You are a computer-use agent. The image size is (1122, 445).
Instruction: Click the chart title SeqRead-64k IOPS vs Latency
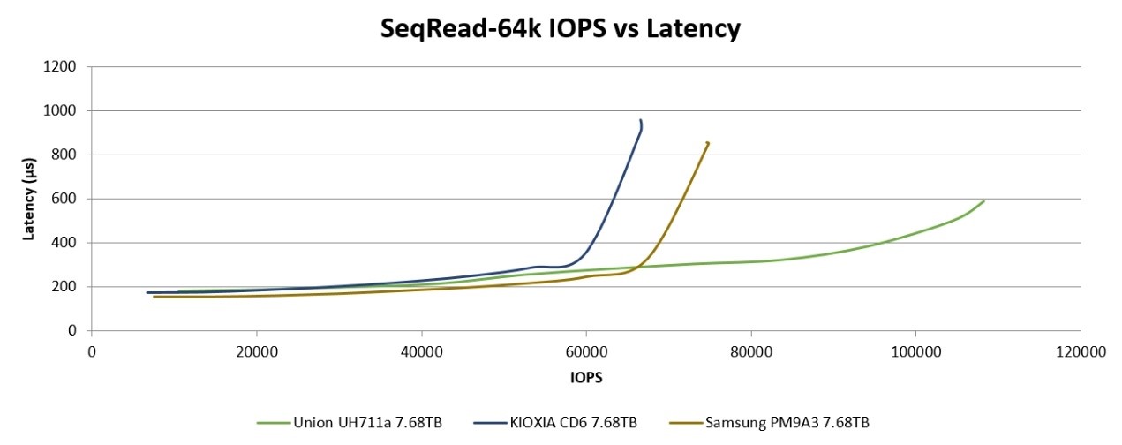click(x=560, y=29)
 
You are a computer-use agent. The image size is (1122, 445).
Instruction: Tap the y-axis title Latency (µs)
click(x=28, y=200)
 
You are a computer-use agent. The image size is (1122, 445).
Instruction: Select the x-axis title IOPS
click(x=586, y=376)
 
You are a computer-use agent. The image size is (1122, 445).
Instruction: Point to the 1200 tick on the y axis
click(x=64, y=66)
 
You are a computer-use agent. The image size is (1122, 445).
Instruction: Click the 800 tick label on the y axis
click(x=67, y=155)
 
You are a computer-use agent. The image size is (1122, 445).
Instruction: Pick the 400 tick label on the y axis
click(x=67, y=243)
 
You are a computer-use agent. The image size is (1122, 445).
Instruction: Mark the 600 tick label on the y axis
click(x=67, y=199)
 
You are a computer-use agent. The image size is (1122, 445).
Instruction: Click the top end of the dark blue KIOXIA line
click(x=641, y=121)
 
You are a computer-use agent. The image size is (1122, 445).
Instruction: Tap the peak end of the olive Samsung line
click(x=708, y=142)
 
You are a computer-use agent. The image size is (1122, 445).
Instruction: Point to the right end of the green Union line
click(x=983, y=201)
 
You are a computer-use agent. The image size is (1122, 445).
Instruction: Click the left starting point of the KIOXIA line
click(x=147, y=292)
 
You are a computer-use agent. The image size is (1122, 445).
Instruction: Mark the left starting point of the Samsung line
click(x=154, y=297)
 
